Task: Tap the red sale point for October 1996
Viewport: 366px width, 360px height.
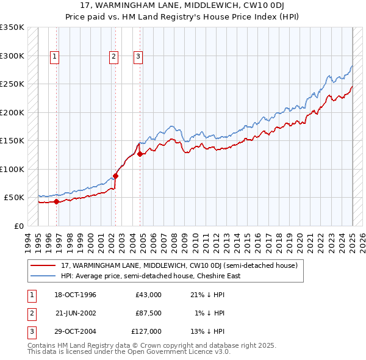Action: (57, 201)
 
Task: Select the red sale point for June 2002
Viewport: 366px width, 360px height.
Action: (115, 176)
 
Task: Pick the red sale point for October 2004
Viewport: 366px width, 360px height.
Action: (140, 154)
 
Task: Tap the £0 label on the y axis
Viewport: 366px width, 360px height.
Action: (19, 226)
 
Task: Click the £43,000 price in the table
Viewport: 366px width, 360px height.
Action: (148, 295)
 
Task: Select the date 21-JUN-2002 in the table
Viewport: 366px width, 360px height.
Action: (76, 313)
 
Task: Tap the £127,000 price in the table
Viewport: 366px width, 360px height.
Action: (146, 331)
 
